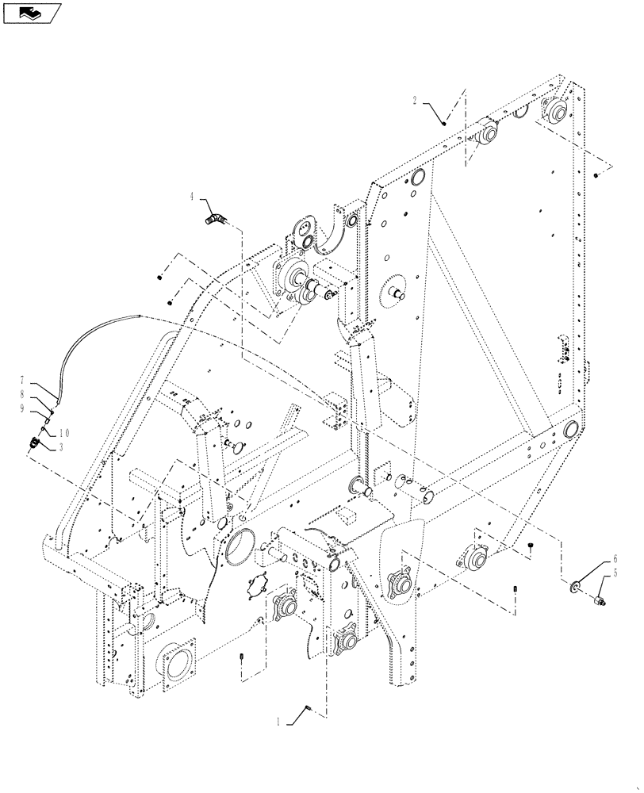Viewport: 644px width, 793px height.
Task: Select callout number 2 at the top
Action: click(415, 101)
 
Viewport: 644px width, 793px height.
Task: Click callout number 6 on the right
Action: click(614, 560)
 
